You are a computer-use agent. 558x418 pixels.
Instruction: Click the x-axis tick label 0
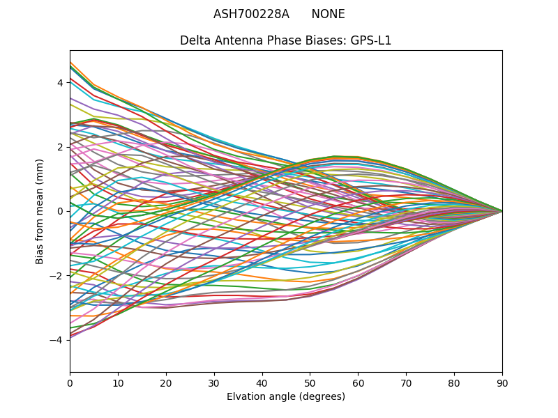[x=70, y=382]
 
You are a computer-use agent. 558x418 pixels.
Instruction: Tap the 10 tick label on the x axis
[x=118, y=382]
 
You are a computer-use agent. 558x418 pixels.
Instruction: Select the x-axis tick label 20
[x=166, y=382]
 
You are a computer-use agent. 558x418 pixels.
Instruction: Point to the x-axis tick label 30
[x=214, y=382]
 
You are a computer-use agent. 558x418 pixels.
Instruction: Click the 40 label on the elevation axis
[x=262, y=382]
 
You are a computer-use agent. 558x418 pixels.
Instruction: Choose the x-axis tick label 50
[x=310, y=382]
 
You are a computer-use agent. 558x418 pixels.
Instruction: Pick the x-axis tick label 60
[x=358, y=382]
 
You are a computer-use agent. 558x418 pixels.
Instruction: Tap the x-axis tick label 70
[x=406, y=382]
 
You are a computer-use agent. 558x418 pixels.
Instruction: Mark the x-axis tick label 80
[x=454, y=382]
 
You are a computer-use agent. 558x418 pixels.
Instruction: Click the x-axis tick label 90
[x=502, y=382]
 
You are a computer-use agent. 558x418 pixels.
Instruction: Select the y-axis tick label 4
[x=60, y=83]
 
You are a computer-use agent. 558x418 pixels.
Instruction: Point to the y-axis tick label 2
[x=60, y=147]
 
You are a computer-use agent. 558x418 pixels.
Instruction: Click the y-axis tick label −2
[x=57, y=275]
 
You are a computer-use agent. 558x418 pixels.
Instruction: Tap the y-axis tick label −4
[x=57, y=340]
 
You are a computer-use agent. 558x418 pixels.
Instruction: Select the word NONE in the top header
[x=328, y=15]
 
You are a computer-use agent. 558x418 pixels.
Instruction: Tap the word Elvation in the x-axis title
[x=246, y=396]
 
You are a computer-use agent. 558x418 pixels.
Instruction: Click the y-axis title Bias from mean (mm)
[x=40, y=211]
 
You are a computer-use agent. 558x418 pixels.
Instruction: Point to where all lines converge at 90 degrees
[x=502, y=211]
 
